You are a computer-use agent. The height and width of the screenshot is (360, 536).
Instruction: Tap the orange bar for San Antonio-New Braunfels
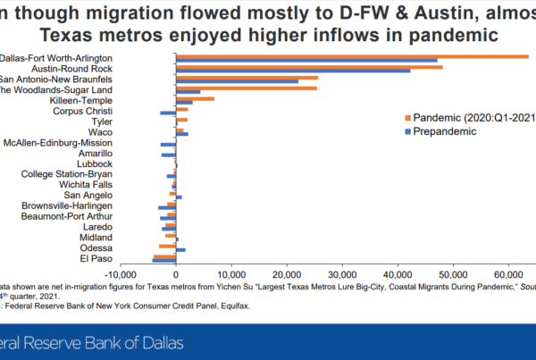247,77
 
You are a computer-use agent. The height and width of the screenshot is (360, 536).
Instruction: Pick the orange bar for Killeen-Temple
195,98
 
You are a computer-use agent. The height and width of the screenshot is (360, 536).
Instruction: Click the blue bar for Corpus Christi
168,113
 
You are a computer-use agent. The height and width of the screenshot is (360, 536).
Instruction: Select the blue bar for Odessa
180,249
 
